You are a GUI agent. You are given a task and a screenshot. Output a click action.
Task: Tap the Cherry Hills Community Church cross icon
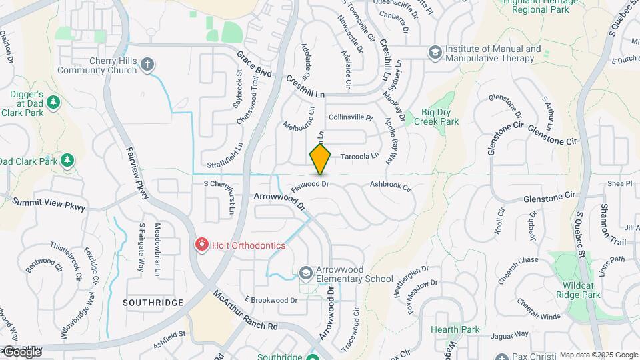coord(147,65)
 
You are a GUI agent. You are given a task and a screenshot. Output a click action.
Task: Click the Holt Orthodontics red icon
coord(201,245)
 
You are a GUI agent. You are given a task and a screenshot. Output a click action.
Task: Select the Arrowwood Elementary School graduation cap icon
coord(305,272)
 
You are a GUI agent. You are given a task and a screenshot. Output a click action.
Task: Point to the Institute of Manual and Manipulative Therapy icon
coord(435,52)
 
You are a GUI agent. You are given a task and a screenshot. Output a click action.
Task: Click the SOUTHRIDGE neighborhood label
coord(153,303)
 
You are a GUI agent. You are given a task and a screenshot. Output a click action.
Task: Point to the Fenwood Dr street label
coord(311,183)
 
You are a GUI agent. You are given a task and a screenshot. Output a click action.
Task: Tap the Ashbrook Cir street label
coord(391,184)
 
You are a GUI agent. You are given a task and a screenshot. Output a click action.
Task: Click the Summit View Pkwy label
coord(49,204)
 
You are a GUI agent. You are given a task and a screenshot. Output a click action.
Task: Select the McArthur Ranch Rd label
coord(245,311)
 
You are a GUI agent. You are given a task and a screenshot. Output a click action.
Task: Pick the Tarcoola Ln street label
coord(359,156)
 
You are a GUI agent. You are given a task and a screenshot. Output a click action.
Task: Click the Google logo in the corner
coord(23,351)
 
